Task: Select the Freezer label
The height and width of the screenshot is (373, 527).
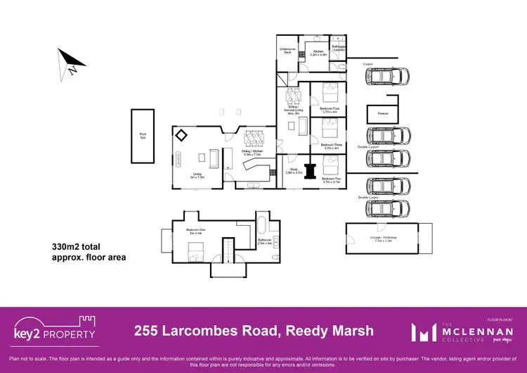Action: pos(382,113)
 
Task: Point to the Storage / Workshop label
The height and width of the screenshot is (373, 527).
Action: pos(383,239)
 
